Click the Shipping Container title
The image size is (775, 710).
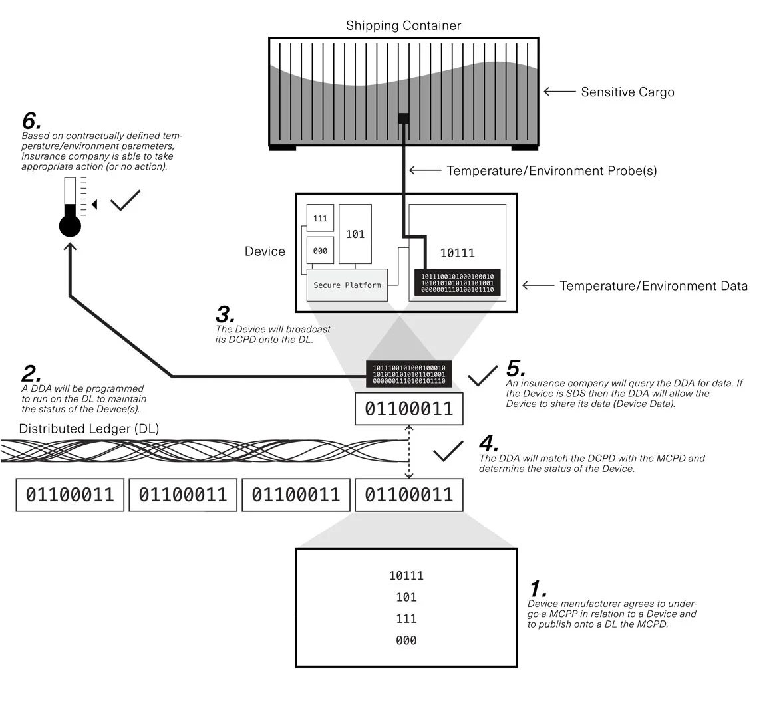pos(403,26)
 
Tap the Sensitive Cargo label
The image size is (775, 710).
pos(627,92)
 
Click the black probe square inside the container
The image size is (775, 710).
pos(403,118)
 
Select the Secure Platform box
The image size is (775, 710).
pos(347,285)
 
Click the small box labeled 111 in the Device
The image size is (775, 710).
pos(320,219)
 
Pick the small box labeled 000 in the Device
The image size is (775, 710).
pos(320,251)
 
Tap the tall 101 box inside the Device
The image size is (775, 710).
pos(355,234)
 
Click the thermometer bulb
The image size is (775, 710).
pos(70,226)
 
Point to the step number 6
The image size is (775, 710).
pos(31,121)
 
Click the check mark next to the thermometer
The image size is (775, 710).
pos(125,200)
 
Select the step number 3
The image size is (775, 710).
pos(226,314)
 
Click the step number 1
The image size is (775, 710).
pos(538,589)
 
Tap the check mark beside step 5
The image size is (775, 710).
pos(482,376)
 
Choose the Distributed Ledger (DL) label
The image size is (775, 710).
pos(89,429)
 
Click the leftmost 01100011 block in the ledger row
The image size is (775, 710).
pos(70,495)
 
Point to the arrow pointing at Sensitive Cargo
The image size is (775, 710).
pos(559,92)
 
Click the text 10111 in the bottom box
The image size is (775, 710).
pos(406,576)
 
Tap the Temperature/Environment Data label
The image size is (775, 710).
pos(653,286)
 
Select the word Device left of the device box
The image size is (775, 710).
pos(265,251)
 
